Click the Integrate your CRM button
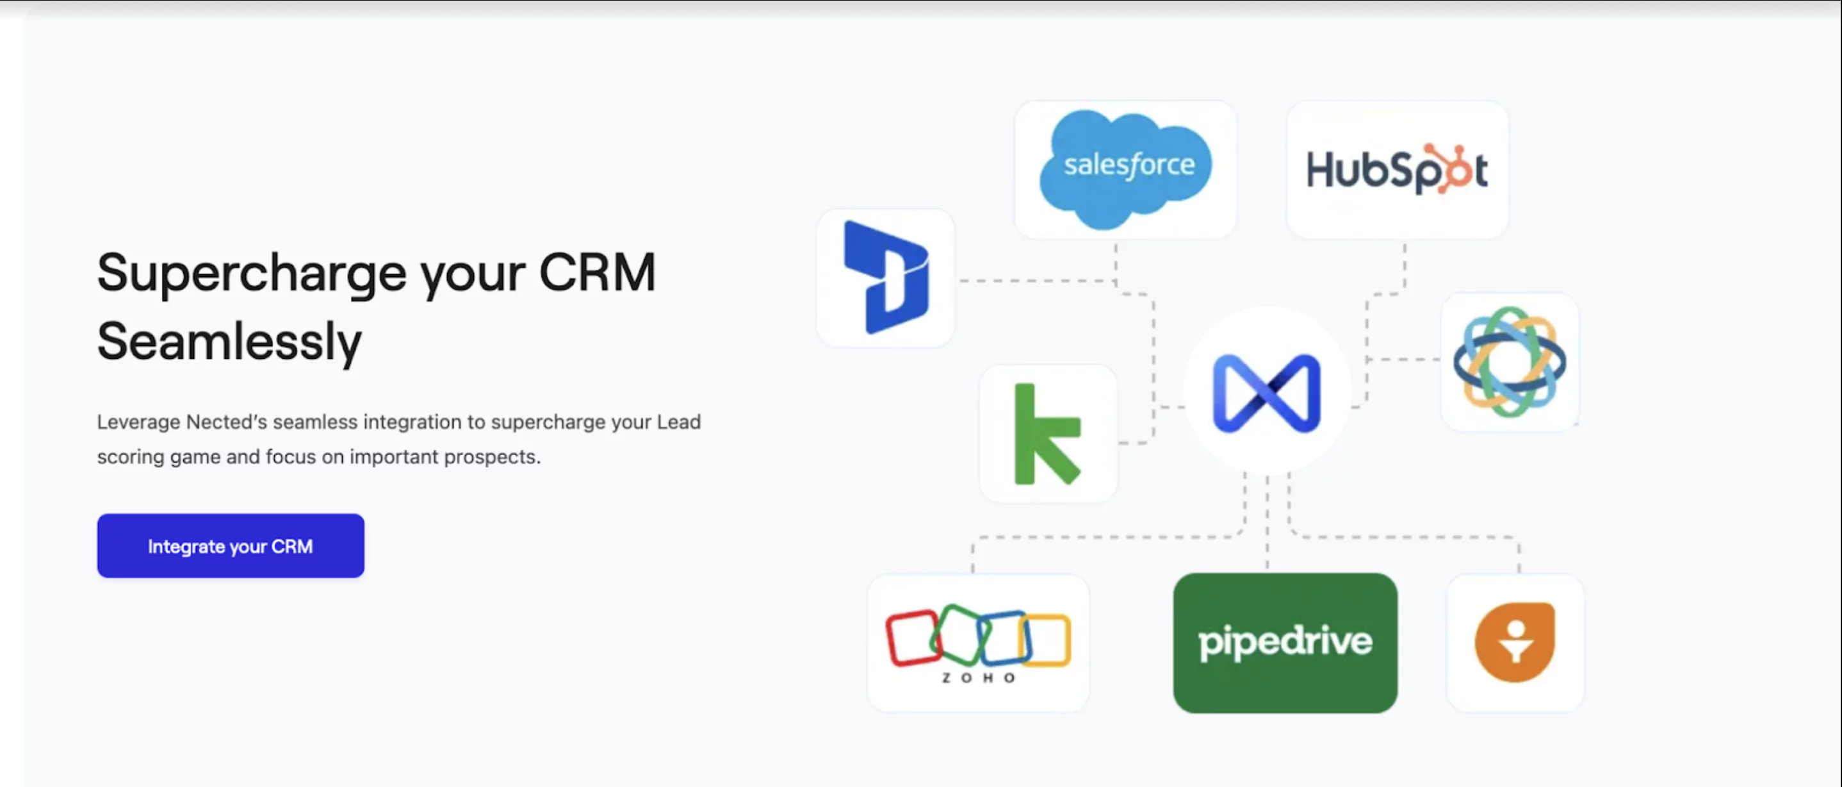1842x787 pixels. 231,546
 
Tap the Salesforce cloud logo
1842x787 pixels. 1126,168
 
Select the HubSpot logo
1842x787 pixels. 1396,170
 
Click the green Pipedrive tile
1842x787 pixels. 1285,642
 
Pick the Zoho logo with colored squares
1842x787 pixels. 977,642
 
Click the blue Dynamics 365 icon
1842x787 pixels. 886,278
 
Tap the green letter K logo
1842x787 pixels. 1045,434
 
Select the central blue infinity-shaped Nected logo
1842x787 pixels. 1266,393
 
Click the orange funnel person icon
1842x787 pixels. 1515,642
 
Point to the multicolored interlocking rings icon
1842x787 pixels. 1509,361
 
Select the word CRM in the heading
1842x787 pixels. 596,272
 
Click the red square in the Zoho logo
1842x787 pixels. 911,637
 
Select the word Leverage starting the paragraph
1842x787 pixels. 138,422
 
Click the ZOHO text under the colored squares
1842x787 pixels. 977,677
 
